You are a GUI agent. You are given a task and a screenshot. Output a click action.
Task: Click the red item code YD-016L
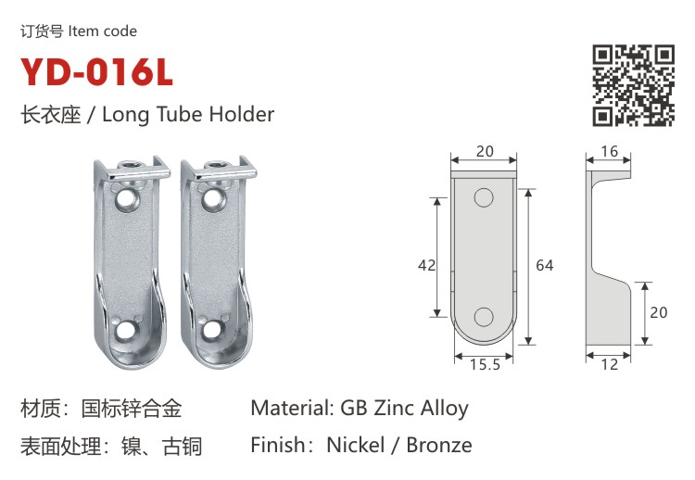pos(96,71)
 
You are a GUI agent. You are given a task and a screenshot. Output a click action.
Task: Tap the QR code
pos(634,85)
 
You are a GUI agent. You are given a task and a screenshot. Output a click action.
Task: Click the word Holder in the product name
pos(242,114)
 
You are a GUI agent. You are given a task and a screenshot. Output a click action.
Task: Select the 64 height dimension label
pos(544,265)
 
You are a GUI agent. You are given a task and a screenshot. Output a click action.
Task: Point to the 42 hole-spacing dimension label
pos(426,265)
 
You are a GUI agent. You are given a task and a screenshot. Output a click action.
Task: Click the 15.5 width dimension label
pos(485,364)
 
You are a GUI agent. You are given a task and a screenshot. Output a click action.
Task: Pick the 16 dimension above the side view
pos(609,151)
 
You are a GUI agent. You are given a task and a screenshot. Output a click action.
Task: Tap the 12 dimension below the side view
pos(609,364)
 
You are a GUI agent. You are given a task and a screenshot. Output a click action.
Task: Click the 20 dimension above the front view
pos(485,151)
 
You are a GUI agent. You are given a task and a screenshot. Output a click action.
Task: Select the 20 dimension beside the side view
pos(658,312)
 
